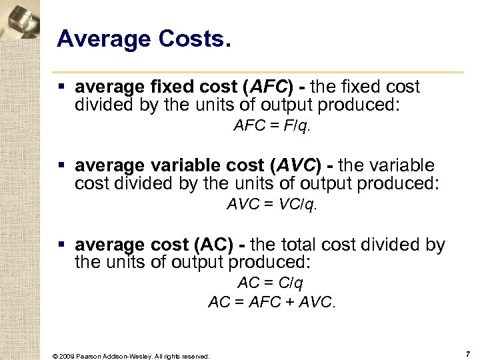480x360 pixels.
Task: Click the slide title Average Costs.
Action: [144, 40]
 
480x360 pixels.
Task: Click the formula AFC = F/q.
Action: [272, 126]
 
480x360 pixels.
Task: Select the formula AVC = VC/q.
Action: [272, 205]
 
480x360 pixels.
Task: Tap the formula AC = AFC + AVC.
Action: [272, 303]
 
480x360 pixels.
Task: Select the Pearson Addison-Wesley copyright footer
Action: [131, 356]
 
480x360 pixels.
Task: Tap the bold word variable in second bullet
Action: [197, 166]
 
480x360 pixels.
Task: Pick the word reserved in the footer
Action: [194, 356]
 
